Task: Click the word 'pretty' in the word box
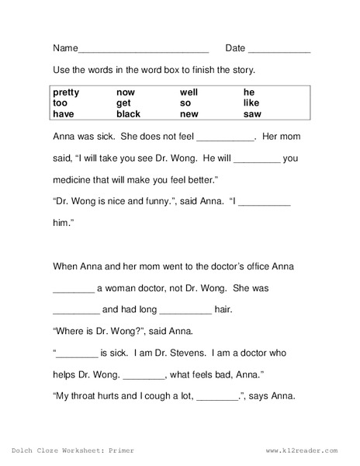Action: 66,92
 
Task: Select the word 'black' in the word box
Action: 129,113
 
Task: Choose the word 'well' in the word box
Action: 189,92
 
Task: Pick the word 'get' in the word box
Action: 123,103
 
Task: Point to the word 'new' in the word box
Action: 188,113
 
